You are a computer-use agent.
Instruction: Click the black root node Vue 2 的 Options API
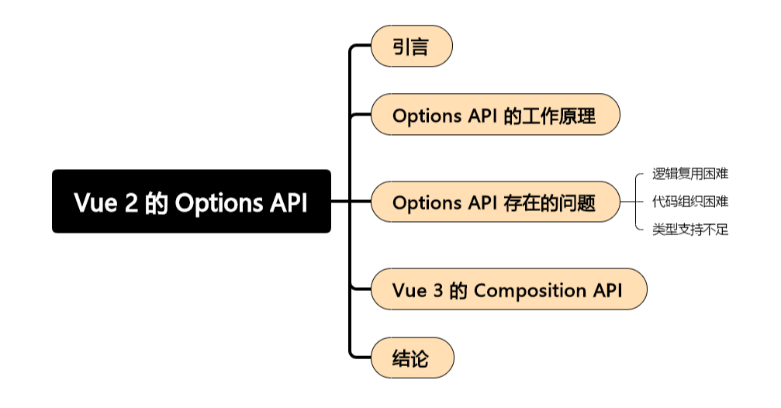coord(191,202)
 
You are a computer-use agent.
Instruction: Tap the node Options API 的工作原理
coord(495,116)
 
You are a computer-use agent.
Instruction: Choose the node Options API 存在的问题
coord(495,202)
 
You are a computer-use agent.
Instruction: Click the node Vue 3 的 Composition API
coord(508,290)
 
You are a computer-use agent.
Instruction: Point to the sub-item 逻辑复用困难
coord(689,174)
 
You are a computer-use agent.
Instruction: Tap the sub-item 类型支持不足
coord(689,230)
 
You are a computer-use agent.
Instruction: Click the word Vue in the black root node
coord(95,202)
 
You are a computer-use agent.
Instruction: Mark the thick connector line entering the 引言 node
coord(361,47)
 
